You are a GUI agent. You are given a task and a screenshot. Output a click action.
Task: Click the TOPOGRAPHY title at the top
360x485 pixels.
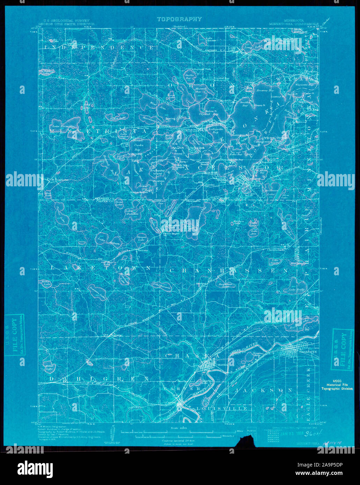179,19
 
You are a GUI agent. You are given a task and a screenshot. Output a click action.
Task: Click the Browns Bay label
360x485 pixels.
266,91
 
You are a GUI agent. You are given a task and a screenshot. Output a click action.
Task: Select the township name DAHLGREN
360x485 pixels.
98,379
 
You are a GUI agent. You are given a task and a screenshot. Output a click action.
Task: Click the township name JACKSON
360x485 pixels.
264,390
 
